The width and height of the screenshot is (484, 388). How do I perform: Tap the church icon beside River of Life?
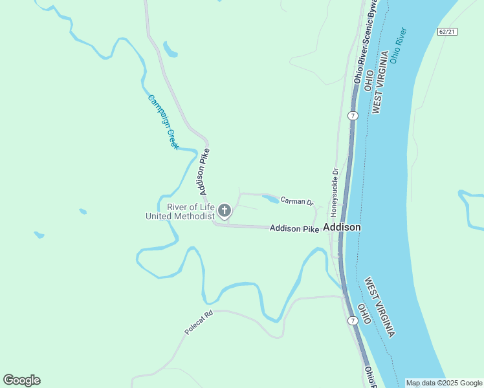pos(225,210)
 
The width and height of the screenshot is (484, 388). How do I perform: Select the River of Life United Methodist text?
pos(180,211)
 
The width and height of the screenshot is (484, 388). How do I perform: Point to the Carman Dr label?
pos(297,202)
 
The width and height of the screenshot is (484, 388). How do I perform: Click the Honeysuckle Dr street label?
pos(335,192)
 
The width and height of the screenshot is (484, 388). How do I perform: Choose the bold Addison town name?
pos(342,228)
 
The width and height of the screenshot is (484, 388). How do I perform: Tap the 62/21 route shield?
pos(447,32)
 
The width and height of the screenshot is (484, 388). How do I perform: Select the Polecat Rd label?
pos(199,323)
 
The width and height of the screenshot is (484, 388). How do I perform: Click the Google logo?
pos(21,380)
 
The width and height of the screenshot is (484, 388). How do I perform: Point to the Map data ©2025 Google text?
pos(444,383)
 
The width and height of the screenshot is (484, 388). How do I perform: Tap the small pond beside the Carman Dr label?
pos(270,199)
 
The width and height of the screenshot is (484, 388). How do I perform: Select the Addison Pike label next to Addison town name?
pos(294,228)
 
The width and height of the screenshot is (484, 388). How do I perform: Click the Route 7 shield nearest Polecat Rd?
pos(352,321)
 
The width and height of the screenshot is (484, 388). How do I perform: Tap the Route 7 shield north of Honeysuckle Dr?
pos(352,115)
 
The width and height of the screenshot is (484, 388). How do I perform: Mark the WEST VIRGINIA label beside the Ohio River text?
pos(382,83)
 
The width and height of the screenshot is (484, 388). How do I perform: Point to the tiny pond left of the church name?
pos(82,211)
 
